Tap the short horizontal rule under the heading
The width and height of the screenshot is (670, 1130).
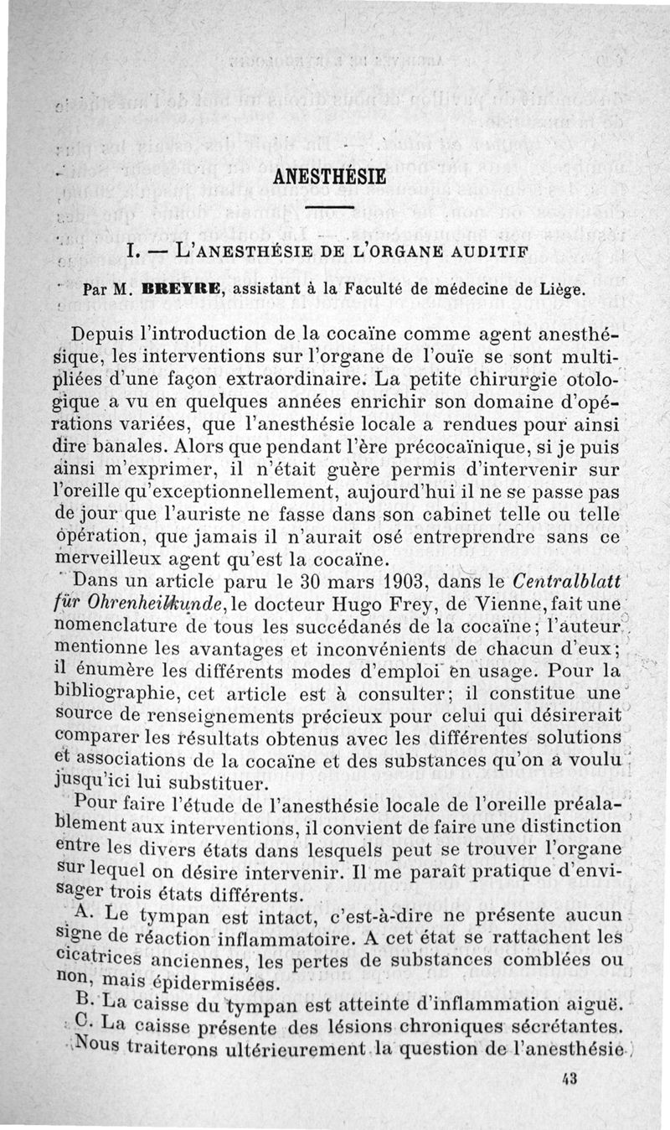329,208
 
